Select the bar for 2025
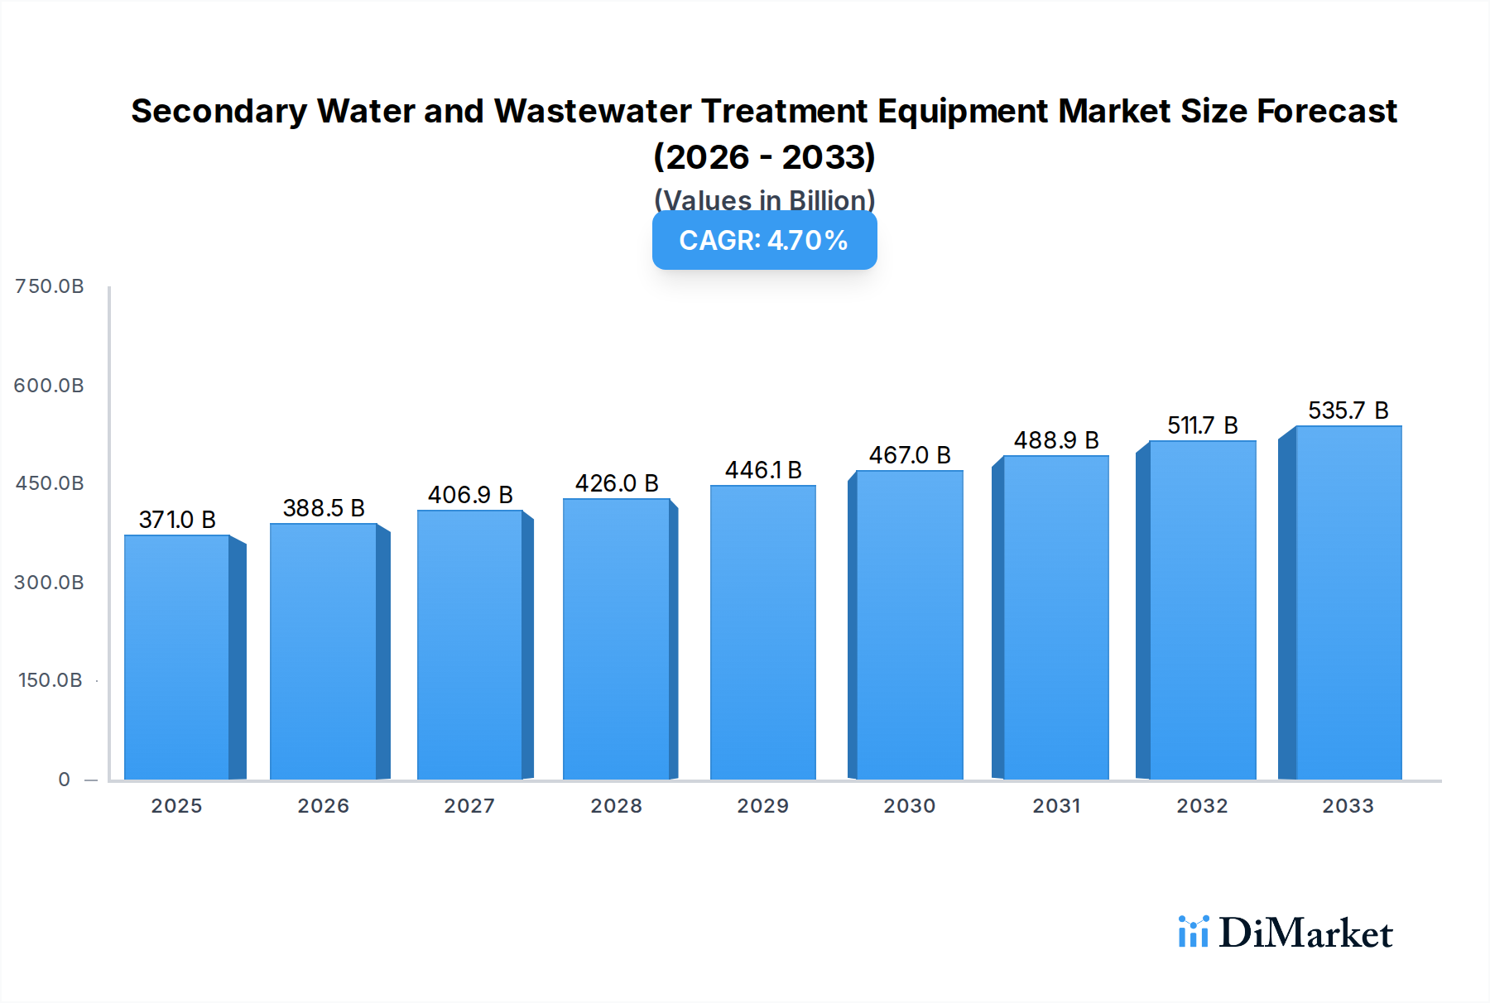[177, 658]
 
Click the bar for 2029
[763, 633]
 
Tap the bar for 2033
[1348, 604]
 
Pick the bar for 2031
[1056, 618]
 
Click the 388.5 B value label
[324, 508]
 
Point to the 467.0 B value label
[910, 455]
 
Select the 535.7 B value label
[1348, 410]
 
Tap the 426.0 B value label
[617, 483]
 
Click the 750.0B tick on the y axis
[50, 286]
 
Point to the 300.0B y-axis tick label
[49, 583]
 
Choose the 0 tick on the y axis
[65, 780]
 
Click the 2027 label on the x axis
[469, 806]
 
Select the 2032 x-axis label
[1202, 806]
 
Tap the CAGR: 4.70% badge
[764, 241]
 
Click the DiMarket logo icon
[1194, 932]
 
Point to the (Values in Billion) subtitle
[764, 200]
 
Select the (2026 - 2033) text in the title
[764, 156]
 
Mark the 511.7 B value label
[1202, 425]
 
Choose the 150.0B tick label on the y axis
[50, 680]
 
